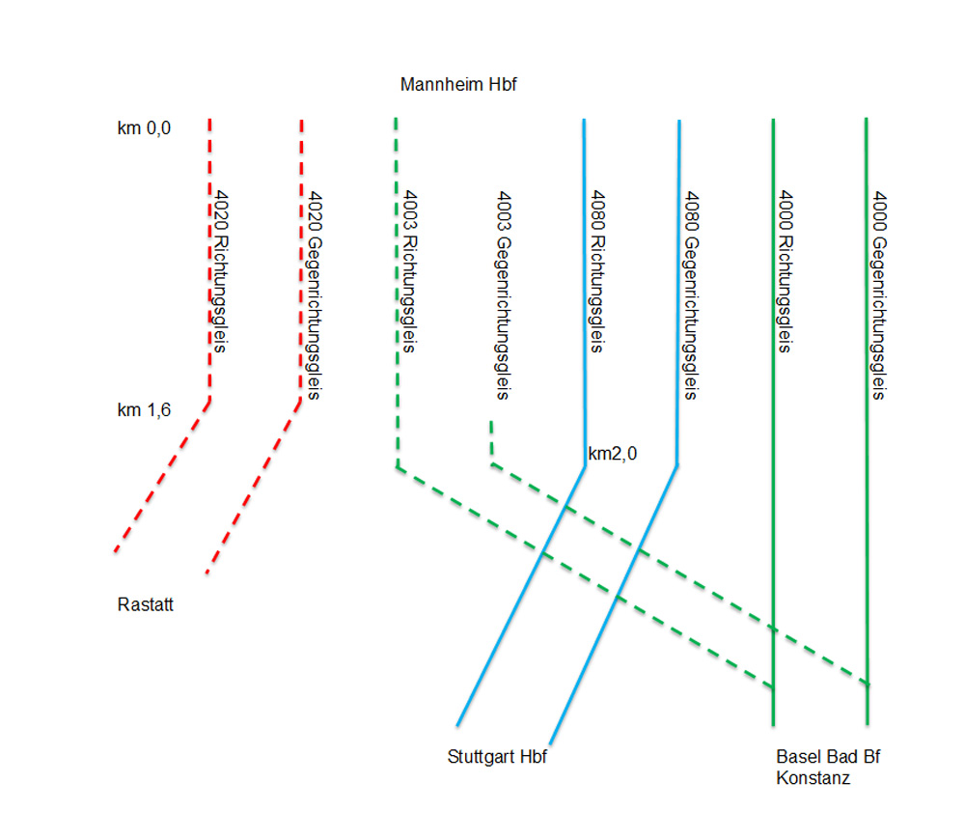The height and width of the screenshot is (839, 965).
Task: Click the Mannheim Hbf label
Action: (458, 85)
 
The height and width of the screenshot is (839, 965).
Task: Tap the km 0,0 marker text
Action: (144, 128)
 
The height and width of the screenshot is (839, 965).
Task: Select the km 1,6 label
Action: (144, 410)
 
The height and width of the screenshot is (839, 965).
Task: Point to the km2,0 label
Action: (613, 453)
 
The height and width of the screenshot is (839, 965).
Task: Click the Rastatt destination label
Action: (145, 605)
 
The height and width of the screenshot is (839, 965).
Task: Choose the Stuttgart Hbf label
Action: (497, 757)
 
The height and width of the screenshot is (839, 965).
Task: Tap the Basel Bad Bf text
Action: (828, 757)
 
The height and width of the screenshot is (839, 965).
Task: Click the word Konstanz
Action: (813, 778)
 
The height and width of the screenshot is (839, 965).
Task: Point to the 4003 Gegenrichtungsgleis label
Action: (502, 294)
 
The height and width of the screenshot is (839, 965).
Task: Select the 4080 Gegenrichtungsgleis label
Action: (691, 294)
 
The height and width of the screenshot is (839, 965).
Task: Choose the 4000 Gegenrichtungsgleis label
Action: (879, 294)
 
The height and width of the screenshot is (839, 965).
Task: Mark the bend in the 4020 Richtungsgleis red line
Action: (209, 398)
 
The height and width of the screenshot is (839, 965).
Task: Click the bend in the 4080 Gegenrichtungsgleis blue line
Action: (676, 466)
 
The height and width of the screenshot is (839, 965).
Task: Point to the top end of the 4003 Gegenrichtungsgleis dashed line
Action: (491, 422)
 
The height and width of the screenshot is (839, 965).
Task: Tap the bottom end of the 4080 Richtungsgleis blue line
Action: (457, 725)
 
